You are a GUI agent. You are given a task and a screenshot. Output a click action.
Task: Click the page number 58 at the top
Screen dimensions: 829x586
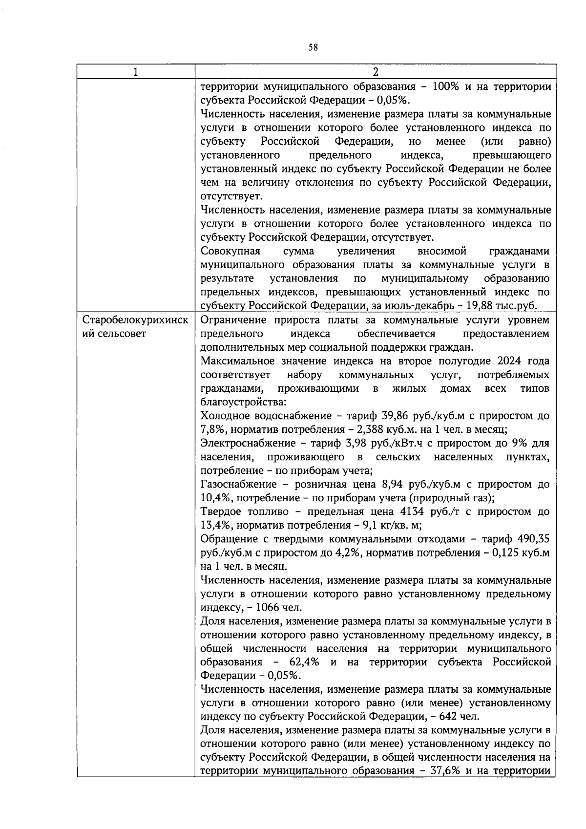point(313,47)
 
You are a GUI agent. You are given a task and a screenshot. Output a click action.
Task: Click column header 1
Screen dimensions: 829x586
point(135,72)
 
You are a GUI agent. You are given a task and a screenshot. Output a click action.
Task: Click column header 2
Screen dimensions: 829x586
point(375,72)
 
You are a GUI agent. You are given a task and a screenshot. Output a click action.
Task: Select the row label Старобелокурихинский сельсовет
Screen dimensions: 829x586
point(135,327)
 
